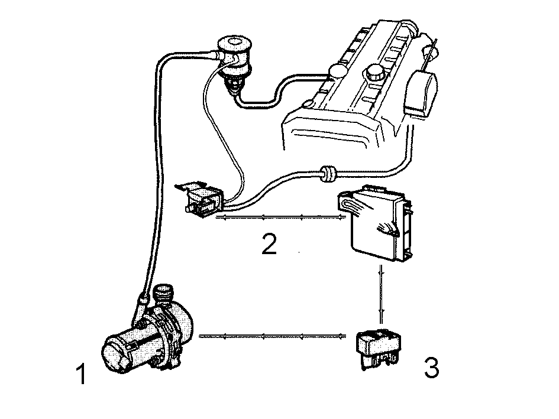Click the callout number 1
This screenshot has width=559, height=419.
point(82,373)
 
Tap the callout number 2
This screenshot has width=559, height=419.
point(269,243)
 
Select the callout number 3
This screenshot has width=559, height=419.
point(431,368)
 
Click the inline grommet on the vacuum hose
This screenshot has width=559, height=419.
point(328,174)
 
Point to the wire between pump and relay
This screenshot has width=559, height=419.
point(273,336)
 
